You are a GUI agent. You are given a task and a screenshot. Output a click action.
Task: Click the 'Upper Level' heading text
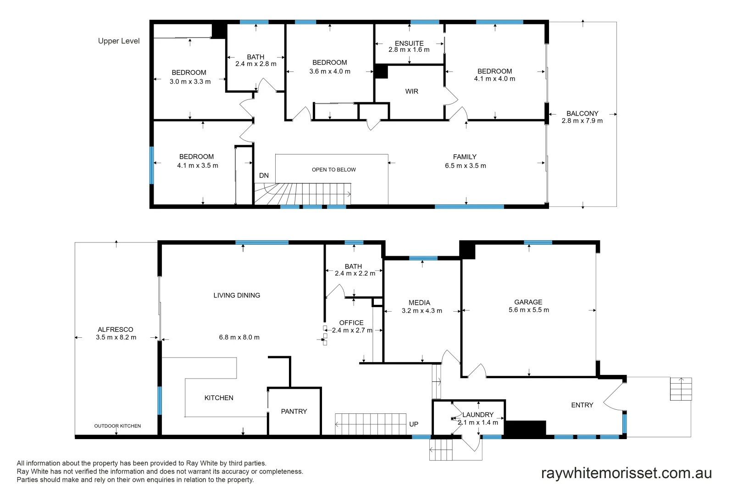click(x=119, y=41)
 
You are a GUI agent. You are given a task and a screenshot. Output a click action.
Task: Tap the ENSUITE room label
click(x=409, y=44)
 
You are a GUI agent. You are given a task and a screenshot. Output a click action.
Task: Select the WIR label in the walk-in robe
click(x=412, y=92)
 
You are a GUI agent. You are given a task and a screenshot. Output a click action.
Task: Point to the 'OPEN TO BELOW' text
click(x=334, y=170)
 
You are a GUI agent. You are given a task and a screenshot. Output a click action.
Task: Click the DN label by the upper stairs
click(x=264, y=176)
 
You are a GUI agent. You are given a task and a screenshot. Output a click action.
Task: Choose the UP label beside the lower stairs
click(x=414, y=424)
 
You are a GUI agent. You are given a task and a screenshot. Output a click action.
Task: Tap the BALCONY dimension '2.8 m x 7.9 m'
click(x=582, y=121)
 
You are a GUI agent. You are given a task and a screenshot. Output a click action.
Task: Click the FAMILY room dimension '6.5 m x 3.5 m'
click(x=466, y=166)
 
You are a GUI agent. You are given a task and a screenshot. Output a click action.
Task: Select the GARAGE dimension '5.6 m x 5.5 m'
click(x=529, y=310)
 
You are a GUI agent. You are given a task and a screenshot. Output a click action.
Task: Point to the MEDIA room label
click(x=419, y=302)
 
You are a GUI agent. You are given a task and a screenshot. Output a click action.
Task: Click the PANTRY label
click(x=294, y=412)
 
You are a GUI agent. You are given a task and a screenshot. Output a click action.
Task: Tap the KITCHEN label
click(x=219, y=398)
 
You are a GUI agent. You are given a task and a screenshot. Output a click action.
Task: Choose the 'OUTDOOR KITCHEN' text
click(x=117, y=426)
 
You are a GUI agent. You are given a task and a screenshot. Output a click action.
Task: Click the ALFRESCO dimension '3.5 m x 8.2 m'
click(x=116, y=337)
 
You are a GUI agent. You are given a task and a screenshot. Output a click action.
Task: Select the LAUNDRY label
click(x=478, y=415)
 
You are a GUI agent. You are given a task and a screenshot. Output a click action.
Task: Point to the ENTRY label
click(x=582, y=405)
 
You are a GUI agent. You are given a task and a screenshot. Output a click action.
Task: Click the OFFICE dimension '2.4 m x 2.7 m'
click(x=352, y=330)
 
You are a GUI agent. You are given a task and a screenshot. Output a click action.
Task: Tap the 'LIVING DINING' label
click(x=237, y=296)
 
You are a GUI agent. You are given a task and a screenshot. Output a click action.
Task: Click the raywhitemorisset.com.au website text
click(x=627, y=473)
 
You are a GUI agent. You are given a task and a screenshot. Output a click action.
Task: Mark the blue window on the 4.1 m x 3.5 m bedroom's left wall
click(x=152, y=165)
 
